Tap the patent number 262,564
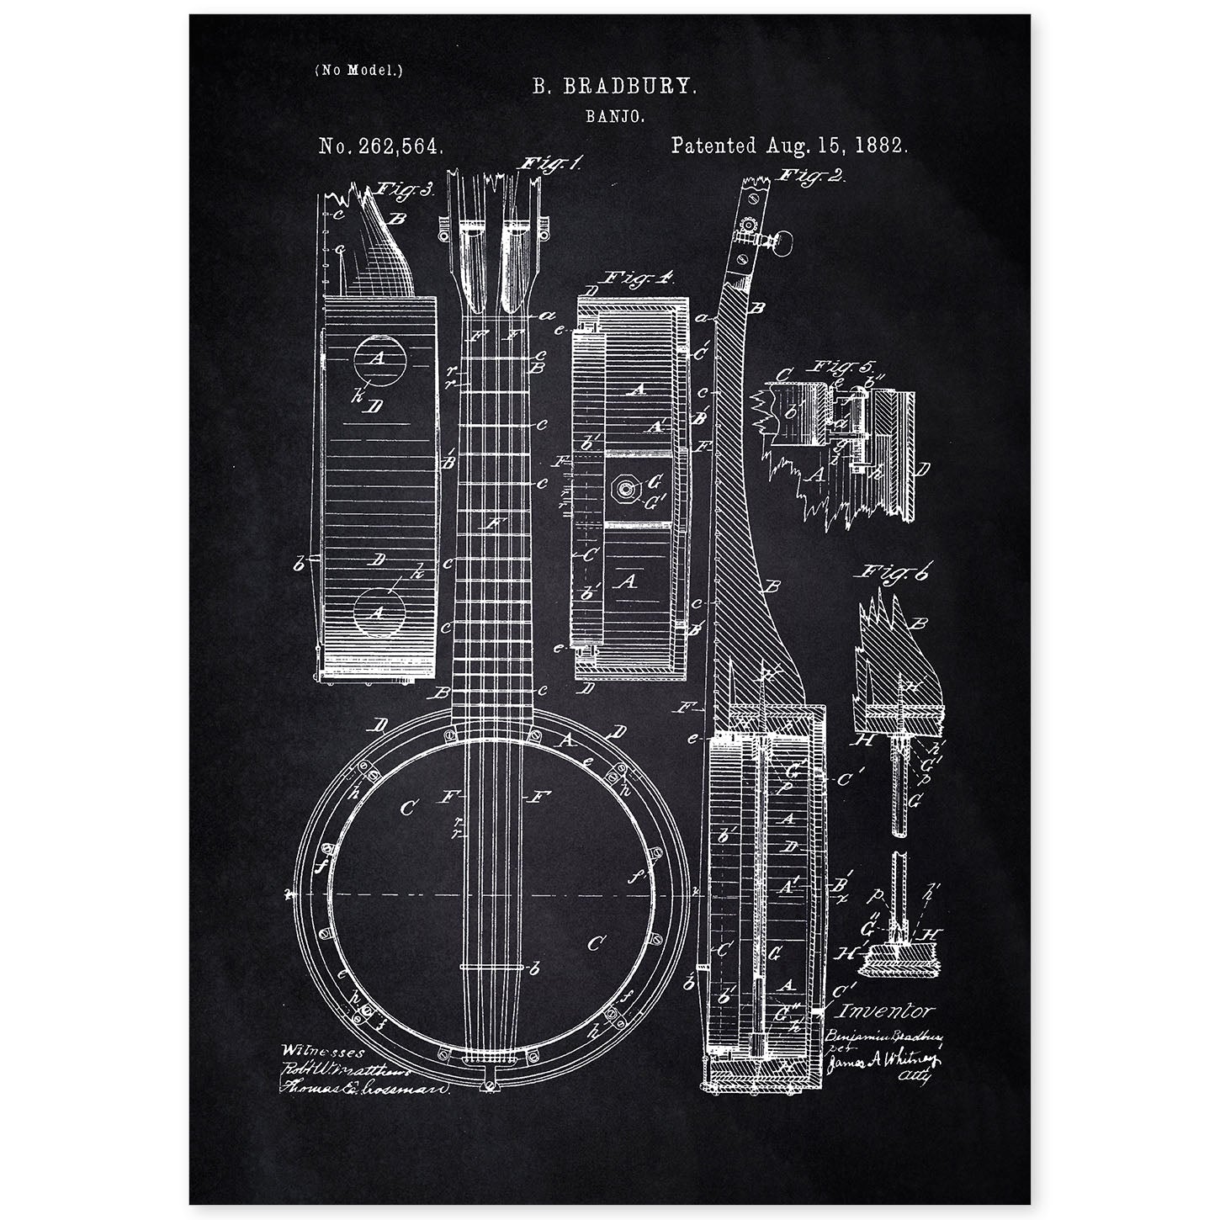tap(380, 146)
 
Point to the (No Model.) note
tap(358, 71)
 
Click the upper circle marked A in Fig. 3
tap(378, 360)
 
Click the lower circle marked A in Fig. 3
tap(378, 613)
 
